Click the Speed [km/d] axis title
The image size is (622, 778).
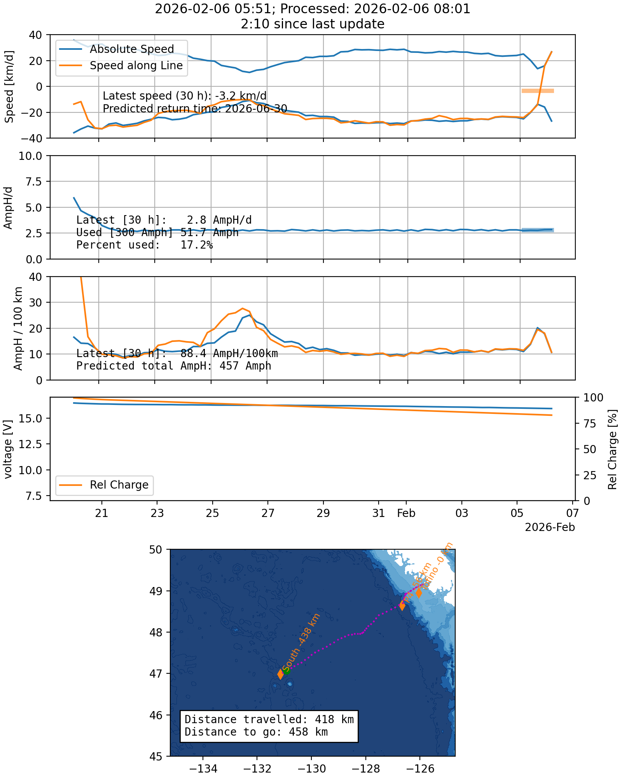9,86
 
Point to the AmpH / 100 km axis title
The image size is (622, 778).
18,328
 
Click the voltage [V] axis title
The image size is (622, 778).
8,449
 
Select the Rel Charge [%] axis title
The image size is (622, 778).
613,449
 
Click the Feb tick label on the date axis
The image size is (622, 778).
406,513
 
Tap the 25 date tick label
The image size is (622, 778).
212,513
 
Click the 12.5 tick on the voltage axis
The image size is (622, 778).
34,444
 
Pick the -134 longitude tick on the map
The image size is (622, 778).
203,769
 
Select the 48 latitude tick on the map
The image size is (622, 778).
157,632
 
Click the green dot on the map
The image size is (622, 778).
287,670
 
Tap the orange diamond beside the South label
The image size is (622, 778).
281,674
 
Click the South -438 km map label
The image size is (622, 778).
301,641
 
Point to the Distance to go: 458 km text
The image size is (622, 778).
256,732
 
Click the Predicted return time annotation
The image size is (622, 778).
195,108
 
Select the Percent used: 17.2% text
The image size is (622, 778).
145,245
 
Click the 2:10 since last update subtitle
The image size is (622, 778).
313,24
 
